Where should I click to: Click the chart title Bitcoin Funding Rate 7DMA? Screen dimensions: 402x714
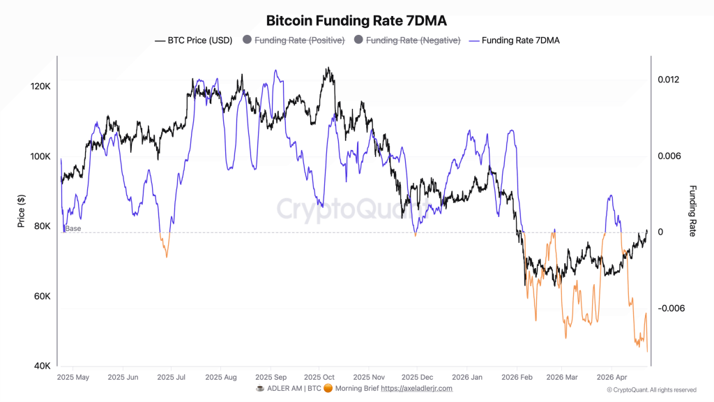(356, 20)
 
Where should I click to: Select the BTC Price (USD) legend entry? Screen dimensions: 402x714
(193, 40)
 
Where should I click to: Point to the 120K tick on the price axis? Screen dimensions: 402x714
(41, 87)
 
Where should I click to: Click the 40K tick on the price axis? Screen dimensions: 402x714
(41, 366)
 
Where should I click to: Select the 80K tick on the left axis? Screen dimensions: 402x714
(41, 226)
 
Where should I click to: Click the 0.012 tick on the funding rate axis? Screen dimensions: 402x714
(669, 80)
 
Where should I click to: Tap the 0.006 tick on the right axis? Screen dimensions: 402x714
(669, 156)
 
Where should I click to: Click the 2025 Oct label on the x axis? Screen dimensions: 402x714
(319, 377)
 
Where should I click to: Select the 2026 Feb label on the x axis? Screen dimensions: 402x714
(517, 377)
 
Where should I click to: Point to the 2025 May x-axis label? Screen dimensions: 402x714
(73, 377)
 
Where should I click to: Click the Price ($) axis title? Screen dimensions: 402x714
(22, 211)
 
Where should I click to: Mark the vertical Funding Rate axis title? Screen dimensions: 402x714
(692, 211)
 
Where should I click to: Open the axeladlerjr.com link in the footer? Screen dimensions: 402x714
(416, 388)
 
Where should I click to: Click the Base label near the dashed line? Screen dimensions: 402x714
(73, 228)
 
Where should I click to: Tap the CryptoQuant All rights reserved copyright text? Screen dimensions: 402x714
(651, 389)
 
